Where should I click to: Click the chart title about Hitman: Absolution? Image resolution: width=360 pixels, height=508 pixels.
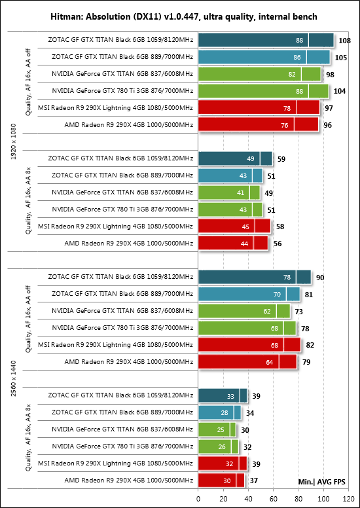point(184,17)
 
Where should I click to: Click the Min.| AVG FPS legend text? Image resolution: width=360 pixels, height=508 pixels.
point(321,482)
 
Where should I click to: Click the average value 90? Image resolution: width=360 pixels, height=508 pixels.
point(320,278)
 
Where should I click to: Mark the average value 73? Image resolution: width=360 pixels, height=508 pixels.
point(298,312)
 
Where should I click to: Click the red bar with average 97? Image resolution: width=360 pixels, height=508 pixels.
point(259,107)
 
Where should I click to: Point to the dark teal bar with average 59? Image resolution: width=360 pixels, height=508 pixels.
point(235,158)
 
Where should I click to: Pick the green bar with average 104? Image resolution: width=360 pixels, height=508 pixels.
point(263,91)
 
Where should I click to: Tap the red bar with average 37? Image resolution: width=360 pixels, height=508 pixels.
point(221,480)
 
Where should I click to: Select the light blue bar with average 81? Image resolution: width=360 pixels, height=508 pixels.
point(249,295)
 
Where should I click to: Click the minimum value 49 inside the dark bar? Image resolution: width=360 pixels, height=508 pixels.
point(251,158)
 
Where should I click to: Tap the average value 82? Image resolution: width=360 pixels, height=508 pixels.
point(310,346)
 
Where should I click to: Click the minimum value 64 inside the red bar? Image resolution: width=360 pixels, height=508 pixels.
point(269,362)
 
